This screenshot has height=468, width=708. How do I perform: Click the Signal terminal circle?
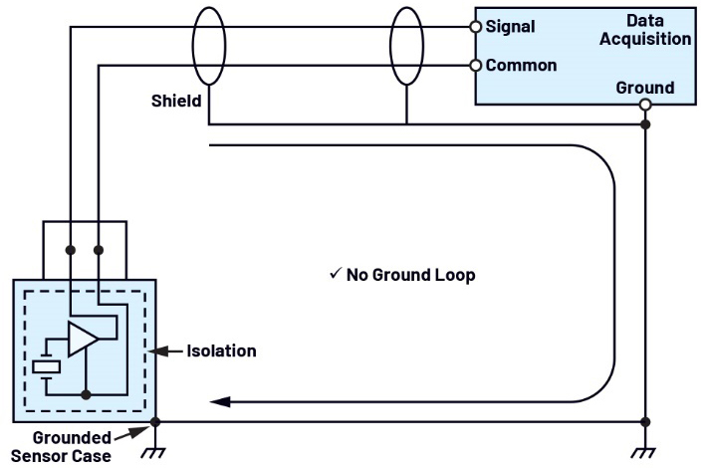click(475, 27)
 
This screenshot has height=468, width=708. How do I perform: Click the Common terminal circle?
click(475, 66)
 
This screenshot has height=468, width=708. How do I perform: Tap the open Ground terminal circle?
click(645, 105)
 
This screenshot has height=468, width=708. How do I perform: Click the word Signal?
click(510, 27)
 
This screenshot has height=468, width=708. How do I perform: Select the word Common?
click(521, 66)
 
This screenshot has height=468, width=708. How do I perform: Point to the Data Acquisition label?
click(645, 30)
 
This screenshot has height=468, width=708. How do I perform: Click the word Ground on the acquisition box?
click(645, 87)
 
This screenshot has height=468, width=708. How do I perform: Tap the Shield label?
click(176, 101)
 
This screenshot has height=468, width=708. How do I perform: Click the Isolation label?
click(221, 351)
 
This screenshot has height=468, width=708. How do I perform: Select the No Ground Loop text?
click(411, 275)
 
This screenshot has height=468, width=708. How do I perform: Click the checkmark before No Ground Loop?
click(336, 273)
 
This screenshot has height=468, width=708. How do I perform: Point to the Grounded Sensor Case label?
click(61, 447)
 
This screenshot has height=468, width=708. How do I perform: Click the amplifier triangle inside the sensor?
click(83, 339)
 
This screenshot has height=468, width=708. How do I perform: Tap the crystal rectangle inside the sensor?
click(46, 366)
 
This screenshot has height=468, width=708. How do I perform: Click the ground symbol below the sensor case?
click(154, 453)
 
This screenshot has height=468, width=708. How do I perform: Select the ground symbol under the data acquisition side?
click(644, 453)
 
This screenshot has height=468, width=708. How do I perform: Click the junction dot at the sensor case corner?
click(155, 422)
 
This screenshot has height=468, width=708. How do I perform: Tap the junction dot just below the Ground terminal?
click(645, 124)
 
